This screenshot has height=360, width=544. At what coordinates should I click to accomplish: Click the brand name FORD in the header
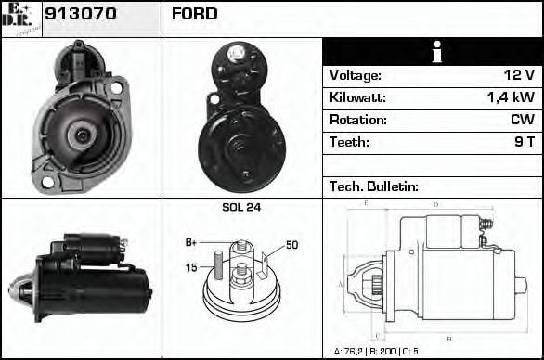[x=194, y=14]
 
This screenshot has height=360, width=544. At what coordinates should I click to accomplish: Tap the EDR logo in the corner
[x=20, y=19]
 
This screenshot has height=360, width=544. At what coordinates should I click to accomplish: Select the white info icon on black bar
[x=432, y=52]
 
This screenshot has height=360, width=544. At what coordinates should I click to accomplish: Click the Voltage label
[x=355, y=75]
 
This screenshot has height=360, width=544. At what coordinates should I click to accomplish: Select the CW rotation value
[x=521, y=120]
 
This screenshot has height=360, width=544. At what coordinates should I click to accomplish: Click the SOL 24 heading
[x=241, y=208]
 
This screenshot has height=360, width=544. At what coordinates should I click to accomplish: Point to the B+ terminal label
[x=191, y=242]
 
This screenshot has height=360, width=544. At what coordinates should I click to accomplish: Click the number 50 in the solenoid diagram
[x=291, y=245]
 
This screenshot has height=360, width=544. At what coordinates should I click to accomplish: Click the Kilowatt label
[x=357, y=97]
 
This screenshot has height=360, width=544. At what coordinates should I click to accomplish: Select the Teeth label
[x=349, y=142]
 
